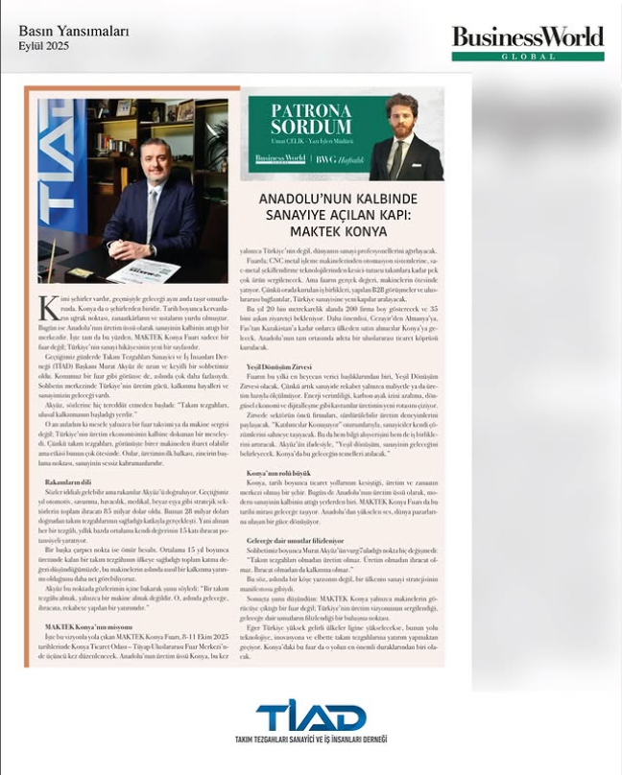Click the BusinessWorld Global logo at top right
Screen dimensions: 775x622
[x=527, y=42]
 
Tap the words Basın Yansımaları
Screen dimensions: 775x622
[x=73, y=31]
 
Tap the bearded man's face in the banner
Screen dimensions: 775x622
[x=397, y=114]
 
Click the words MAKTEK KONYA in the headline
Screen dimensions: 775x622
[x=343, y=231]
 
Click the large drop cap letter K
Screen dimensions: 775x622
[x=48, y=309]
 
